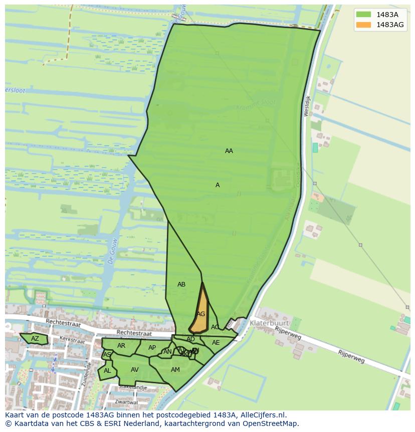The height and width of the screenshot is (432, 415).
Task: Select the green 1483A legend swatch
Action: tap(364, 15)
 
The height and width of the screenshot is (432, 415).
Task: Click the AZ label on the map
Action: tap(35, 339)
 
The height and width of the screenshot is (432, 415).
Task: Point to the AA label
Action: tap(229, 151)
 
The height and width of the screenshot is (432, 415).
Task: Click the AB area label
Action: tap(181, 284)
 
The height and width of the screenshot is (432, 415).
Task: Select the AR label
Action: tap(121, 346)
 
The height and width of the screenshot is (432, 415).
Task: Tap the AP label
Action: tap(152, 348)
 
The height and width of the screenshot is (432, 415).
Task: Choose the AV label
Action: tap(134, 370)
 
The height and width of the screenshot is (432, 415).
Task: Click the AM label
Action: tap(175, 370)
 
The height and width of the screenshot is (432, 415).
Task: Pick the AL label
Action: tap(107, 371)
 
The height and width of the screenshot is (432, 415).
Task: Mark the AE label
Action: tap(216, 343)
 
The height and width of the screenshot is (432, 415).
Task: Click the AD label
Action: tap(190, 339)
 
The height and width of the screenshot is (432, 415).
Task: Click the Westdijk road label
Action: tap(307, 106)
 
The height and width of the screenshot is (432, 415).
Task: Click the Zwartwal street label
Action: tap(126, 402)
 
